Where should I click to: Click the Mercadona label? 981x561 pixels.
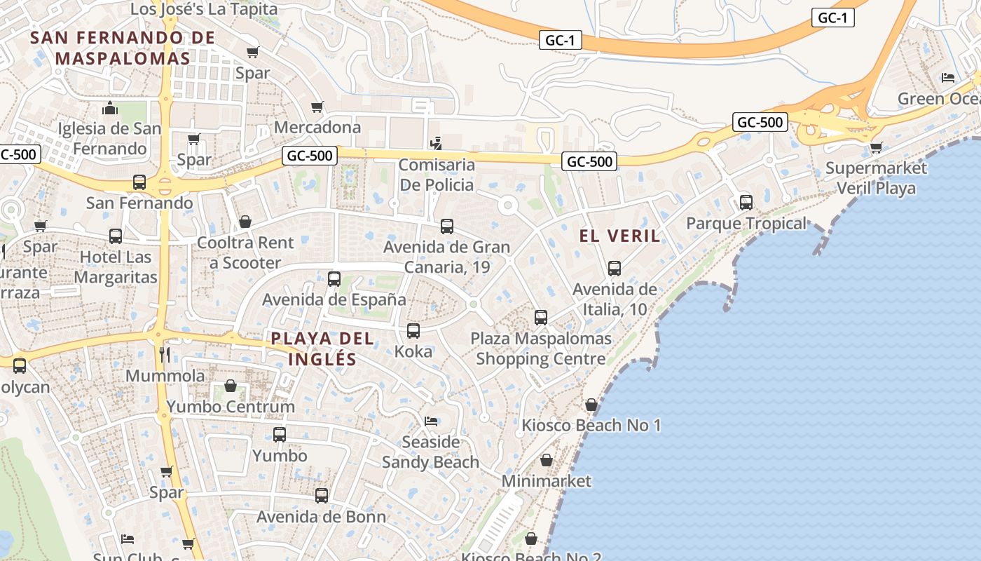point(317,128)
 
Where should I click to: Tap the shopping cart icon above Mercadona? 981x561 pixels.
point(317,107)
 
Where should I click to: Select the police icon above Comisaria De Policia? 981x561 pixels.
point(436,143)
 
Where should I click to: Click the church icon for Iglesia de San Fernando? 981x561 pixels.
point(110,108)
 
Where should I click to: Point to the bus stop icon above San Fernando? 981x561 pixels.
point(139,182)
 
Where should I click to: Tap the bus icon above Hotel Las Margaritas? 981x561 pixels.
point(116,236)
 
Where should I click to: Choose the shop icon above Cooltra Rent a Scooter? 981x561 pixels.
point(245,222)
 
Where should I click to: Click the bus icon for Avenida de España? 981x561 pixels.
point(334,278)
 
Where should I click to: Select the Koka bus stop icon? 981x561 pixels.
point(413,330)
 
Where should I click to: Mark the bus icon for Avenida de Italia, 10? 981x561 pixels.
point(615,268)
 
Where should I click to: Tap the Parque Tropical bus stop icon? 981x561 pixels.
point(746,203)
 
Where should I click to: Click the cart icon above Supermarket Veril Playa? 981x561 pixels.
point(876,147)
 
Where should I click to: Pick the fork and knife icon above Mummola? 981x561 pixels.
point(165,354)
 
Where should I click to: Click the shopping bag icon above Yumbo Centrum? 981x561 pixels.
point(231,386)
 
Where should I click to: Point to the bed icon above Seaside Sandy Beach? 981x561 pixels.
point(431,421)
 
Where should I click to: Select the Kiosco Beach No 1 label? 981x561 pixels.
point(591,426)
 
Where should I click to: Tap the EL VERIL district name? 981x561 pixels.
point(620,236)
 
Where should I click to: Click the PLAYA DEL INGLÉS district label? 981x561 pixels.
point(322,349)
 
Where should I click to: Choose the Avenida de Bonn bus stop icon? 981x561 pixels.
point(322,496)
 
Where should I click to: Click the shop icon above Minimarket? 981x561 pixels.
point(547,460)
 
